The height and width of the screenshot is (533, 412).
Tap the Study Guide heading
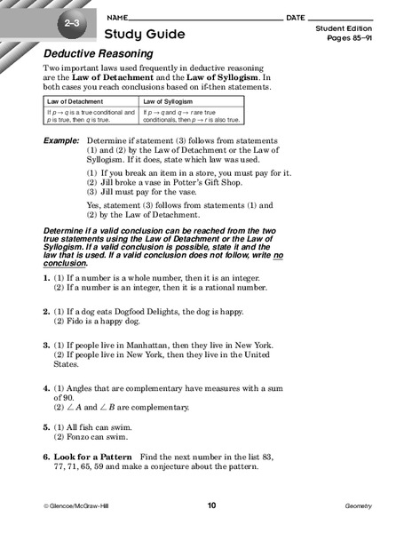pos(145,35)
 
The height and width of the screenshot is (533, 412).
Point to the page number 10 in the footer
pos(211,505)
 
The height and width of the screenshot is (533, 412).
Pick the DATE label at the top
pos(297,17)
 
